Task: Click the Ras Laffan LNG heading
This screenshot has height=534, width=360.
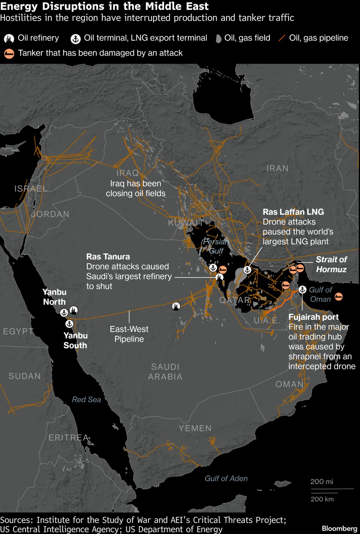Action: click(293, 212)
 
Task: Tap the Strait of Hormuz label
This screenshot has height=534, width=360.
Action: click(331, 264)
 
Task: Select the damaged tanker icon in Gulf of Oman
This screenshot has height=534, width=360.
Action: click(338, 297)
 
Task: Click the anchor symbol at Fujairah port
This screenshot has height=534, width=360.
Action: click(302, 289)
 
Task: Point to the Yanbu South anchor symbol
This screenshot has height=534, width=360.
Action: click(69, 324)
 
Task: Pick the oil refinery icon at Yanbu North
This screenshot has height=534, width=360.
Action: click(73, 310)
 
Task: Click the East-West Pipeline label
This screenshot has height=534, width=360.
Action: click(129, 334)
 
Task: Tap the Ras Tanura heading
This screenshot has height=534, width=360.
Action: click(108, 256)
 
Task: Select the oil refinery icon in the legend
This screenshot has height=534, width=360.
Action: click(9, 38)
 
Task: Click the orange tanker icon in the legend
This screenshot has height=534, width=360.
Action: click(9, 53)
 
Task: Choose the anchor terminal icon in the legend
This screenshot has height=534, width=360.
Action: click(76, 39)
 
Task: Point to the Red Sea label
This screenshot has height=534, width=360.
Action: click(86, 400)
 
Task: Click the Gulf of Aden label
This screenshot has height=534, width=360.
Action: click(226, 478)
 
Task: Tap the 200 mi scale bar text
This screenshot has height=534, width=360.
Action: click(322, 481)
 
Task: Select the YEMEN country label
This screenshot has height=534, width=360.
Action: click(195, 428)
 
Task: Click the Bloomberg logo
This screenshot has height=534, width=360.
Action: click(339, 528)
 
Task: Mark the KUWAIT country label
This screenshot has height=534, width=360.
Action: click(186, 223)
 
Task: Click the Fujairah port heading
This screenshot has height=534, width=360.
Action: click(313, 317)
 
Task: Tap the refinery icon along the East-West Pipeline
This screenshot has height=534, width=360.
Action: click(176, 306)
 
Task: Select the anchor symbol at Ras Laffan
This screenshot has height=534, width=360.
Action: click(247, 270)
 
